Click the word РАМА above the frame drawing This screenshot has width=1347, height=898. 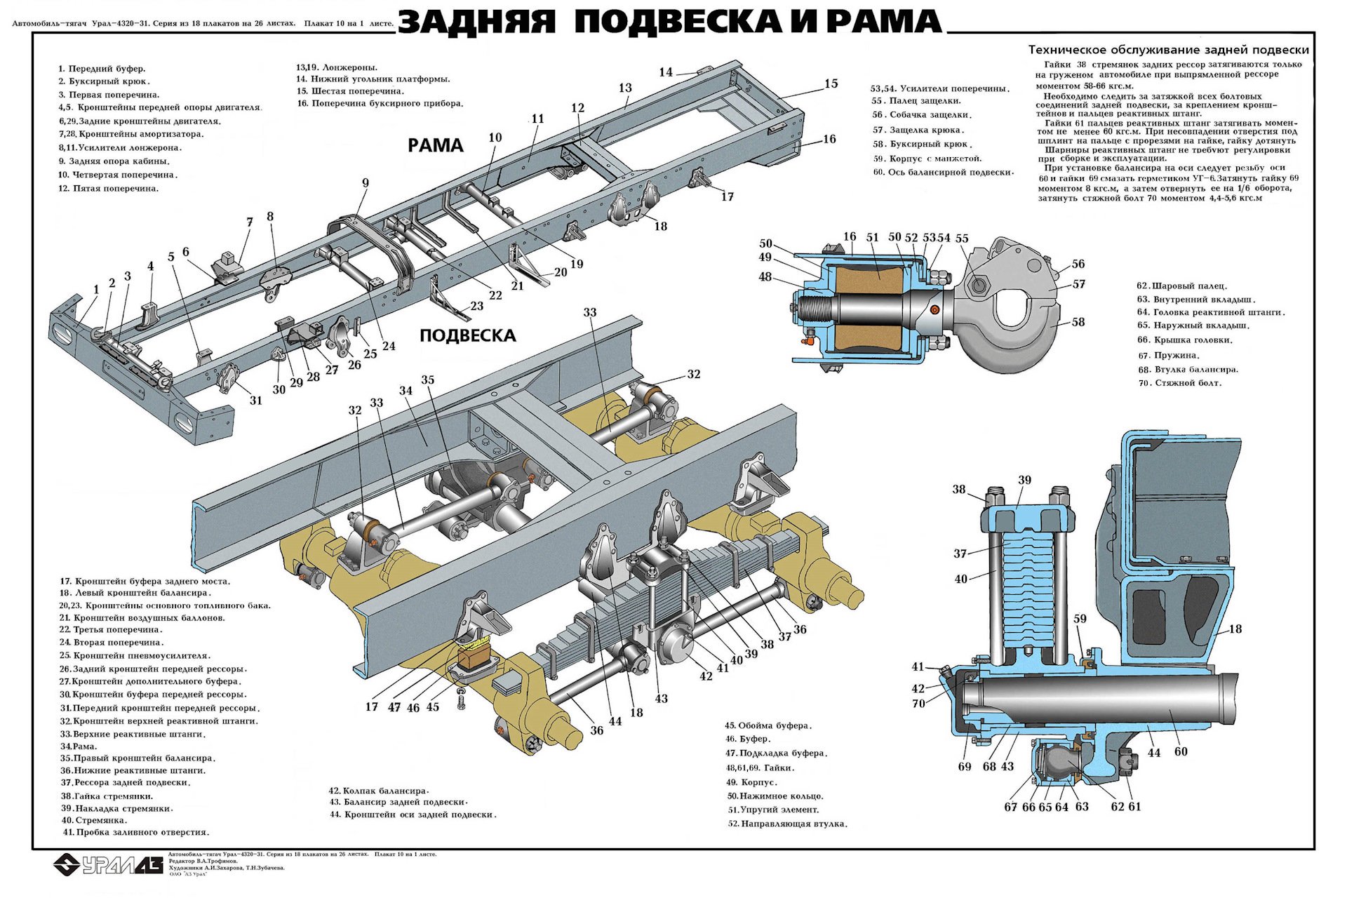436,145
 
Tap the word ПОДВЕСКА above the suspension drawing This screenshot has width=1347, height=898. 467,335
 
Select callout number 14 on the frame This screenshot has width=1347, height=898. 666,72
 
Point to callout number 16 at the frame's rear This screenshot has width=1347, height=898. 829,139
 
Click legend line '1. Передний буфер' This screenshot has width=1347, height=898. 102,69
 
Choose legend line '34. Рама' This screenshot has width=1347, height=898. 79,746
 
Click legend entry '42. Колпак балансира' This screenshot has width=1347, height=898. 379,791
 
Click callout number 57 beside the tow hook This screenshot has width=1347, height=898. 1078,284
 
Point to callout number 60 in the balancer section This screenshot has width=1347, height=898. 1181,751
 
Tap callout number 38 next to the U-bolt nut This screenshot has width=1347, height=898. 959,489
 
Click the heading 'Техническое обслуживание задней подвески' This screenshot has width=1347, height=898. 1168,50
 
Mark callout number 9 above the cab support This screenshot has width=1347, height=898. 366,183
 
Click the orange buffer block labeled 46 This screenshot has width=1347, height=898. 476,659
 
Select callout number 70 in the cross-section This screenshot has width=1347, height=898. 918,703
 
